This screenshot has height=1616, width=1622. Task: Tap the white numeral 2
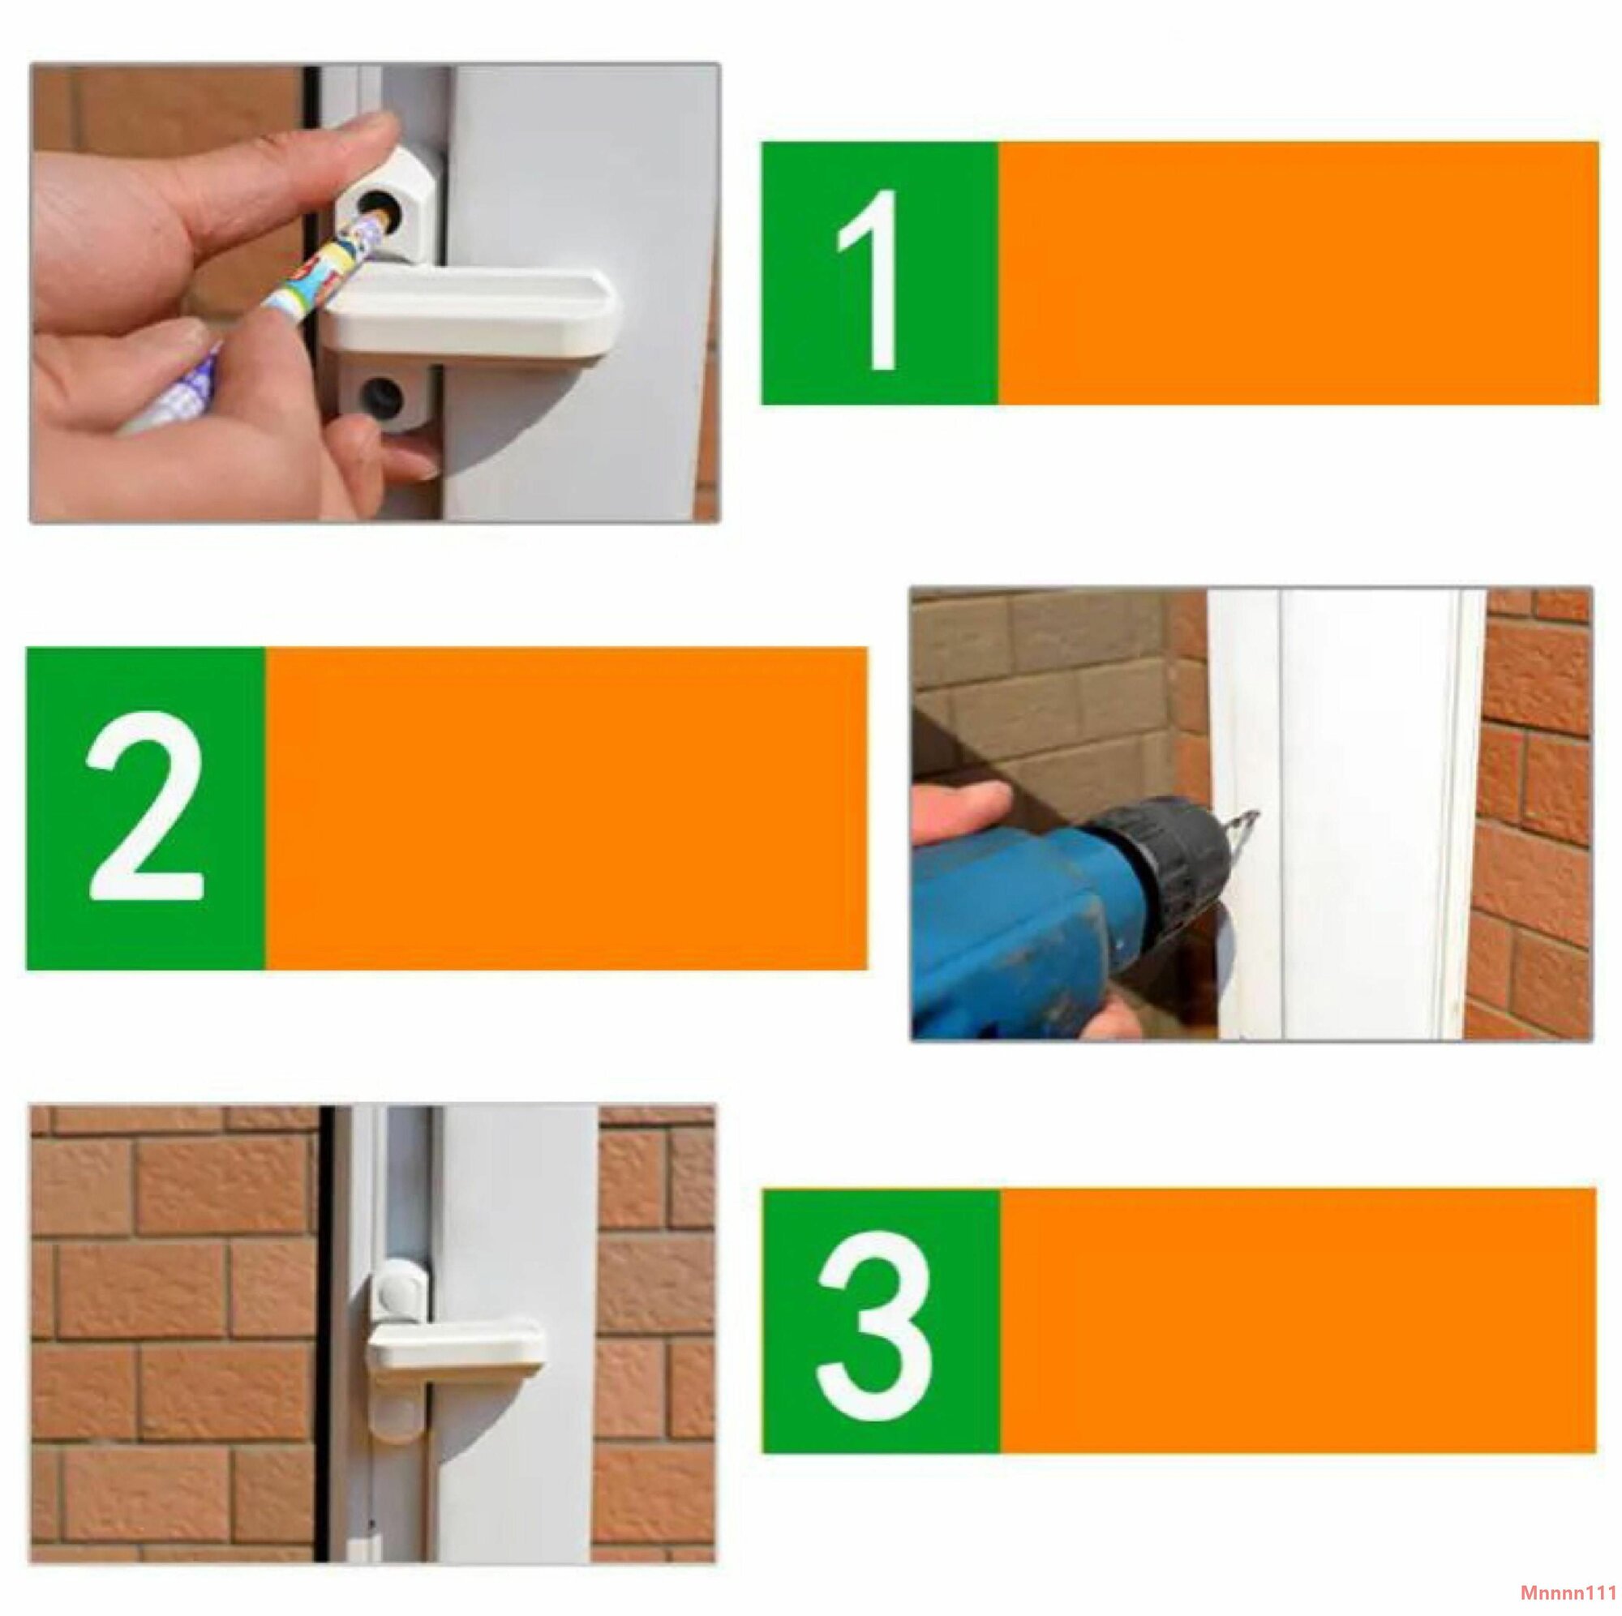(145, 806)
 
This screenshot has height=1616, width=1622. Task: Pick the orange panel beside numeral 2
(567, 808)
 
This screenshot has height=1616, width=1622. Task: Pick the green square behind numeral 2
(146, 808)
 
